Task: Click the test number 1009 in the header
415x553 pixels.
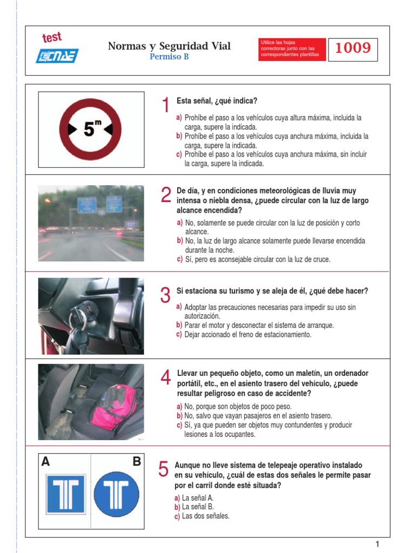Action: [x=353, y=49]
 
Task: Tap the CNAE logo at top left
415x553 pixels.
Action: [x=57, y=56]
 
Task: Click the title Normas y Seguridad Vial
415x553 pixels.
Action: [x=169, y=46]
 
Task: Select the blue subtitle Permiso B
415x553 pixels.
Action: [x=169, y=57]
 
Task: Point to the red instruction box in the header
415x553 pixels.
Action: [x=292, y=49]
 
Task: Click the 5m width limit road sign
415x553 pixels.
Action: [x=90, y=129]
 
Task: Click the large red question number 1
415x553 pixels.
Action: [x=165, y=105]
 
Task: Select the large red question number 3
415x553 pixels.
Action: [x=165, y=295]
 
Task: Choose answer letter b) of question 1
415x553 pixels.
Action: [x=179, y=136]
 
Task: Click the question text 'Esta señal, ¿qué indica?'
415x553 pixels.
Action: [x=217, y=101]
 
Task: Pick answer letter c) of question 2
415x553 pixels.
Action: [x=179, y=259]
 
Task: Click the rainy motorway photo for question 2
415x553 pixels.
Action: [x=91, y=223]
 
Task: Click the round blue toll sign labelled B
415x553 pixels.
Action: [x=116, y=494]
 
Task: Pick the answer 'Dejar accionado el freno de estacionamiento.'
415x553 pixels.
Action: [x=248, y=335]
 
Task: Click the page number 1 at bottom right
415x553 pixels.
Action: [x=378, y=544]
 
